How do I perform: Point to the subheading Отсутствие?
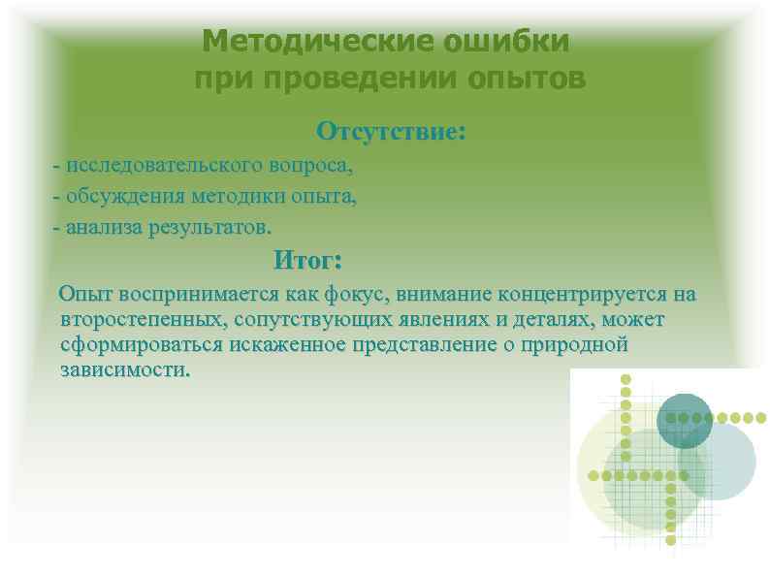[x=392, y=130]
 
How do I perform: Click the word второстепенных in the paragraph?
[x=132, y=319]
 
